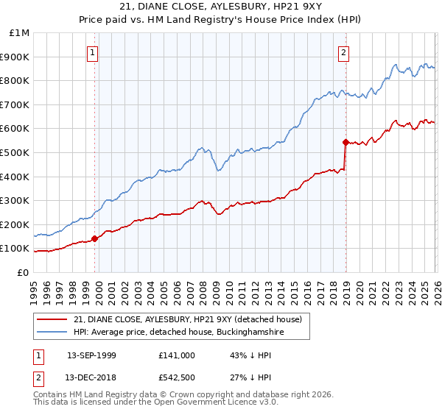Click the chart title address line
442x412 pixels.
pyautogui.click(x=220, y=7)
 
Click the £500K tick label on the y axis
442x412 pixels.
pyautogui.click(x=15, y=152)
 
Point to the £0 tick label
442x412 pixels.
pyautogui.click(x=21, y=272)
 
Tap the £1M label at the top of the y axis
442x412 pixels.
pyautogui.click(x=18, y=33)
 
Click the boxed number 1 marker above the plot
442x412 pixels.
pyautogui.click(x=93, y=52)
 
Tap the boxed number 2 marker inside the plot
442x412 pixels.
pyautogui.click(x=344, y=52)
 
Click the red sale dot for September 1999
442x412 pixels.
pyautogui.click(x=94, y=238)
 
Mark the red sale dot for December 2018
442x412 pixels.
pyautogui.click(x=345, y=142)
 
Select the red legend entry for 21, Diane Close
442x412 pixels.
pyautogui.click(x=187, y=319)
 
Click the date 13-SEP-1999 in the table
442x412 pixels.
pyautogui.click(x=91, y=355)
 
